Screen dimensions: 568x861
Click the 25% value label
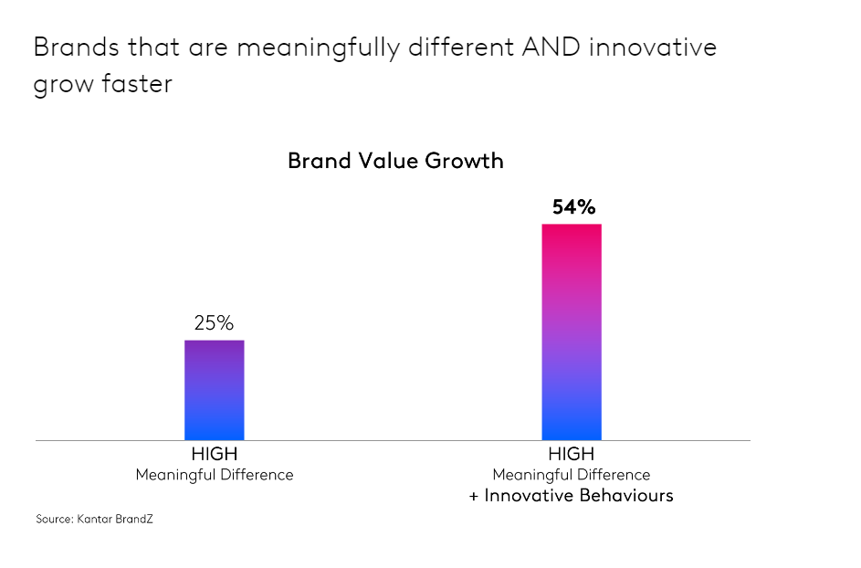pos(214,323)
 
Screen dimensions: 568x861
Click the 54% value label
pos(572,207)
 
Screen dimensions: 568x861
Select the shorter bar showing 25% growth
pos(215,390)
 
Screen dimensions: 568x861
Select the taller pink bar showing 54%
pos(572,331)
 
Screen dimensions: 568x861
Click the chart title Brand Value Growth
pos(395,161)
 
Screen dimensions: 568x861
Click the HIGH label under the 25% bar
pos(215,454)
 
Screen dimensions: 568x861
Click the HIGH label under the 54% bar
pos(572,454)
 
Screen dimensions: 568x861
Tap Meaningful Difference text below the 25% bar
pos(215,475)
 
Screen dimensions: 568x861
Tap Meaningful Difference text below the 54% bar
pos(572,475)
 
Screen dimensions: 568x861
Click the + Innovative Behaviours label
pos(572,496)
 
